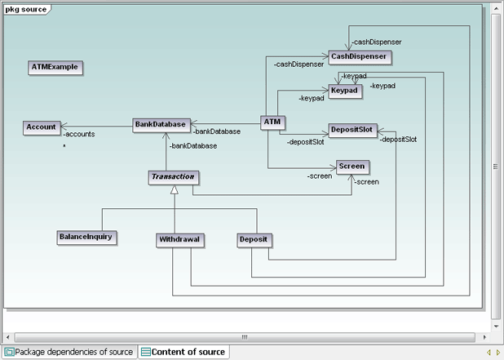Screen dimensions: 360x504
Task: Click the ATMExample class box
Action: [56, 66]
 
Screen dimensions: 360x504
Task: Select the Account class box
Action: [41, 127]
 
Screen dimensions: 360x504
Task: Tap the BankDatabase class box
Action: [161, 125]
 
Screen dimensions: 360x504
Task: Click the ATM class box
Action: [272, 122]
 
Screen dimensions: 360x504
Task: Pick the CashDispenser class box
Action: [360, 56]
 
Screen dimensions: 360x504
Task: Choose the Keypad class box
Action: [346, 89]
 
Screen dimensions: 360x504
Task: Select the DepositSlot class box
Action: [351, 130]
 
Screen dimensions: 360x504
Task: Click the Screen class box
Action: [351, 166]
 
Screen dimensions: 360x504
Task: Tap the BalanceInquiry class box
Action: [86, 237]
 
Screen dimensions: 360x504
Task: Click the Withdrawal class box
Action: [179, 240]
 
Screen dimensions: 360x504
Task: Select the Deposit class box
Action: [254, 240]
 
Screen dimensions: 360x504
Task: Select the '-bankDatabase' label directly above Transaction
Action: [193, 146]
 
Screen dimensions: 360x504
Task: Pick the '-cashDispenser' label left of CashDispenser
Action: [298, 64]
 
